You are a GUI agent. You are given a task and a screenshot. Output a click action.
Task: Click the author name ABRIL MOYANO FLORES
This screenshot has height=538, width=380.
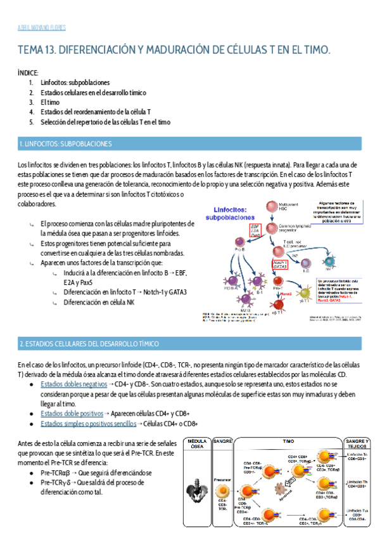39,28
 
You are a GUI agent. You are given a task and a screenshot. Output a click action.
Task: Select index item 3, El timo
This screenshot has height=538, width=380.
51,102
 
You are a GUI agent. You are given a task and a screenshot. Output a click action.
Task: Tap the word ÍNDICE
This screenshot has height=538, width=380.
28,73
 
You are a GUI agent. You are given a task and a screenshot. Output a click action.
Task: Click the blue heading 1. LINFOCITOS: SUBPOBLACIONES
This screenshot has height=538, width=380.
66,143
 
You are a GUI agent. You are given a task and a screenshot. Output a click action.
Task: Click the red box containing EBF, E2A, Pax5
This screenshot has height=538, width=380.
256,230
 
